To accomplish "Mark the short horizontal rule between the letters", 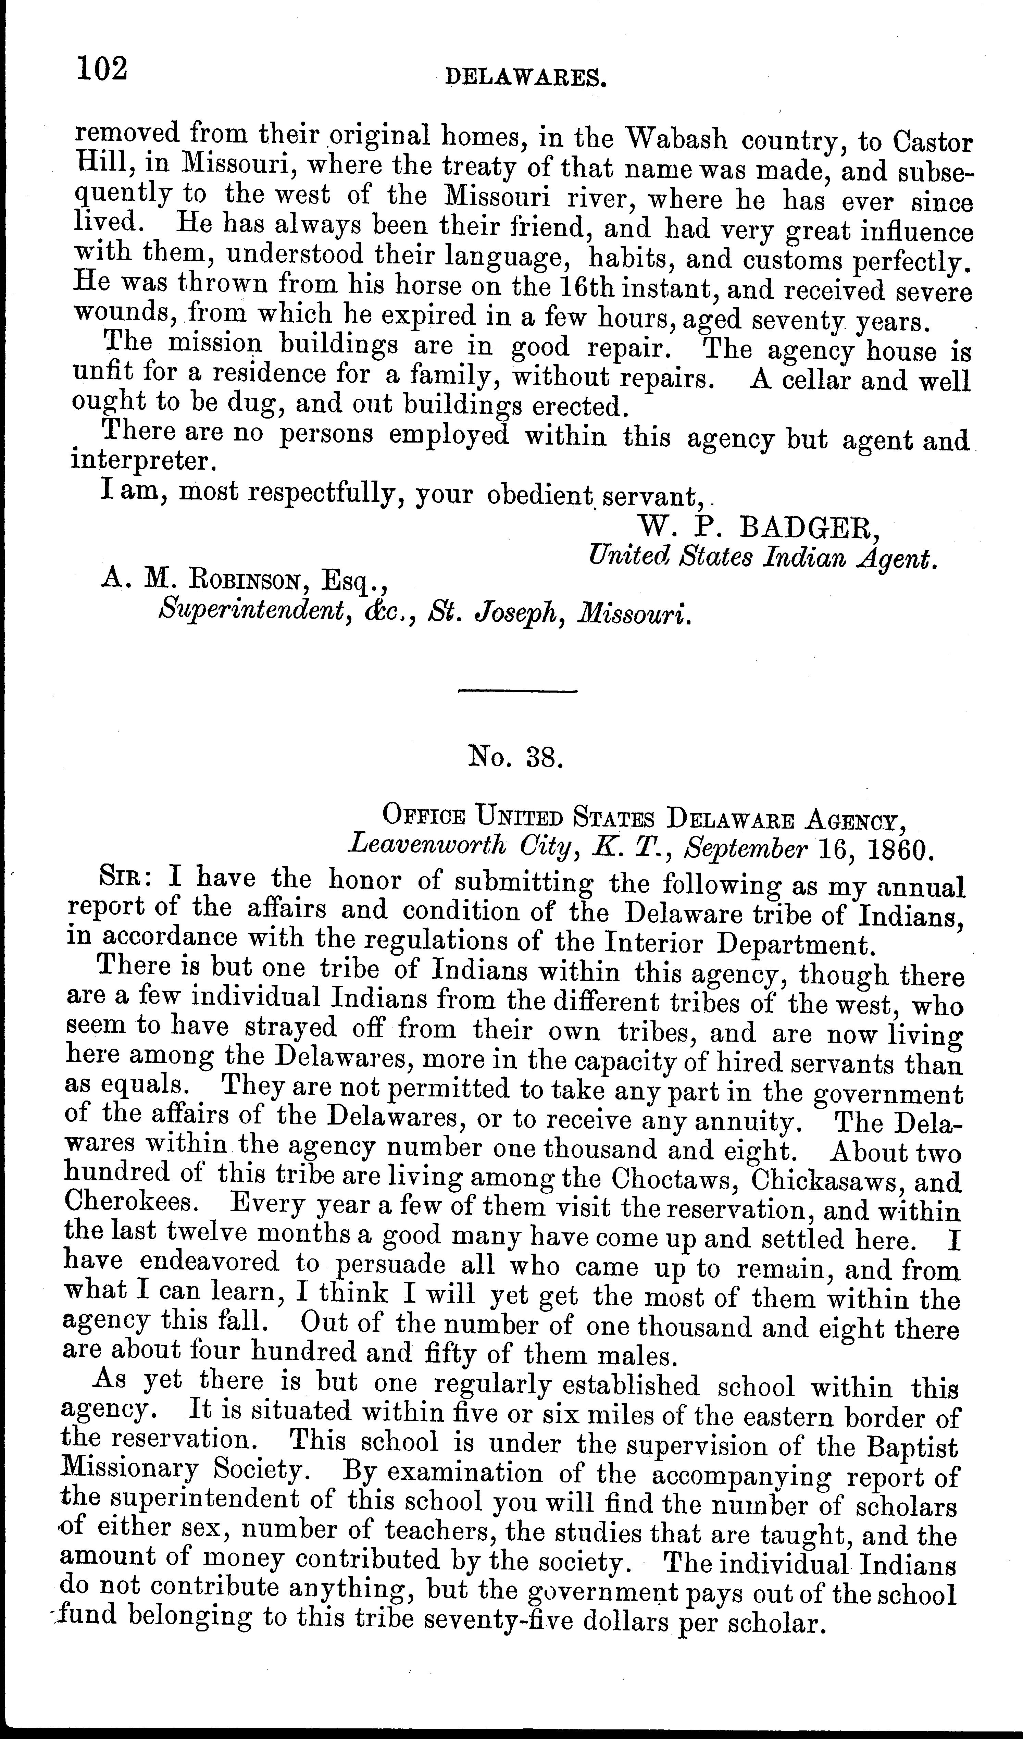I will pyautogui.click(x=518, y=691).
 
